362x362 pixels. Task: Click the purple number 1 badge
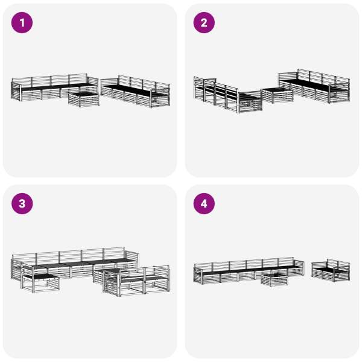point(22,23)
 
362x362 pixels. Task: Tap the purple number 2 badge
point(204,23)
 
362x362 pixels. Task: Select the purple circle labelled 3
point(22,204)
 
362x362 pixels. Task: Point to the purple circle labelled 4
point(204,204)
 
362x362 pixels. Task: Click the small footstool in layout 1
point(84,100)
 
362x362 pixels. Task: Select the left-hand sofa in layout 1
point(54,87)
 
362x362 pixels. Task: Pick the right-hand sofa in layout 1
point(136,92)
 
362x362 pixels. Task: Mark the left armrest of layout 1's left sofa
point(16,91)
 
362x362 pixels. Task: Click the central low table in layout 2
point(277,95)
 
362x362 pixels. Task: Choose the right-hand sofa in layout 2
point(314,86)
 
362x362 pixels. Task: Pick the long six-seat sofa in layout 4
point(249,270)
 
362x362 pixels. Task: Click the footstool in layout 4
point(275,279)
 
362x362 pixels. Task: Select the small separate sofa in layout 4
point(331,270)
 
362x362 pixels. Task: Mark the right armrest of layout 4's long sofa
point(299,268)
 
